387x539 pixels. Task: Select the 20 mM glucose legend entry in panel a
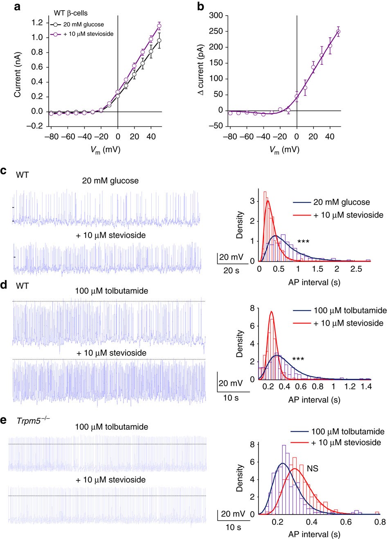81,24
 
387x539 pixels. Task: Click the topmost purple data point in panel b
338,32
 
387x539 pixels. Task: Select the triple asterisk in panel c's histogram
304,242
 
